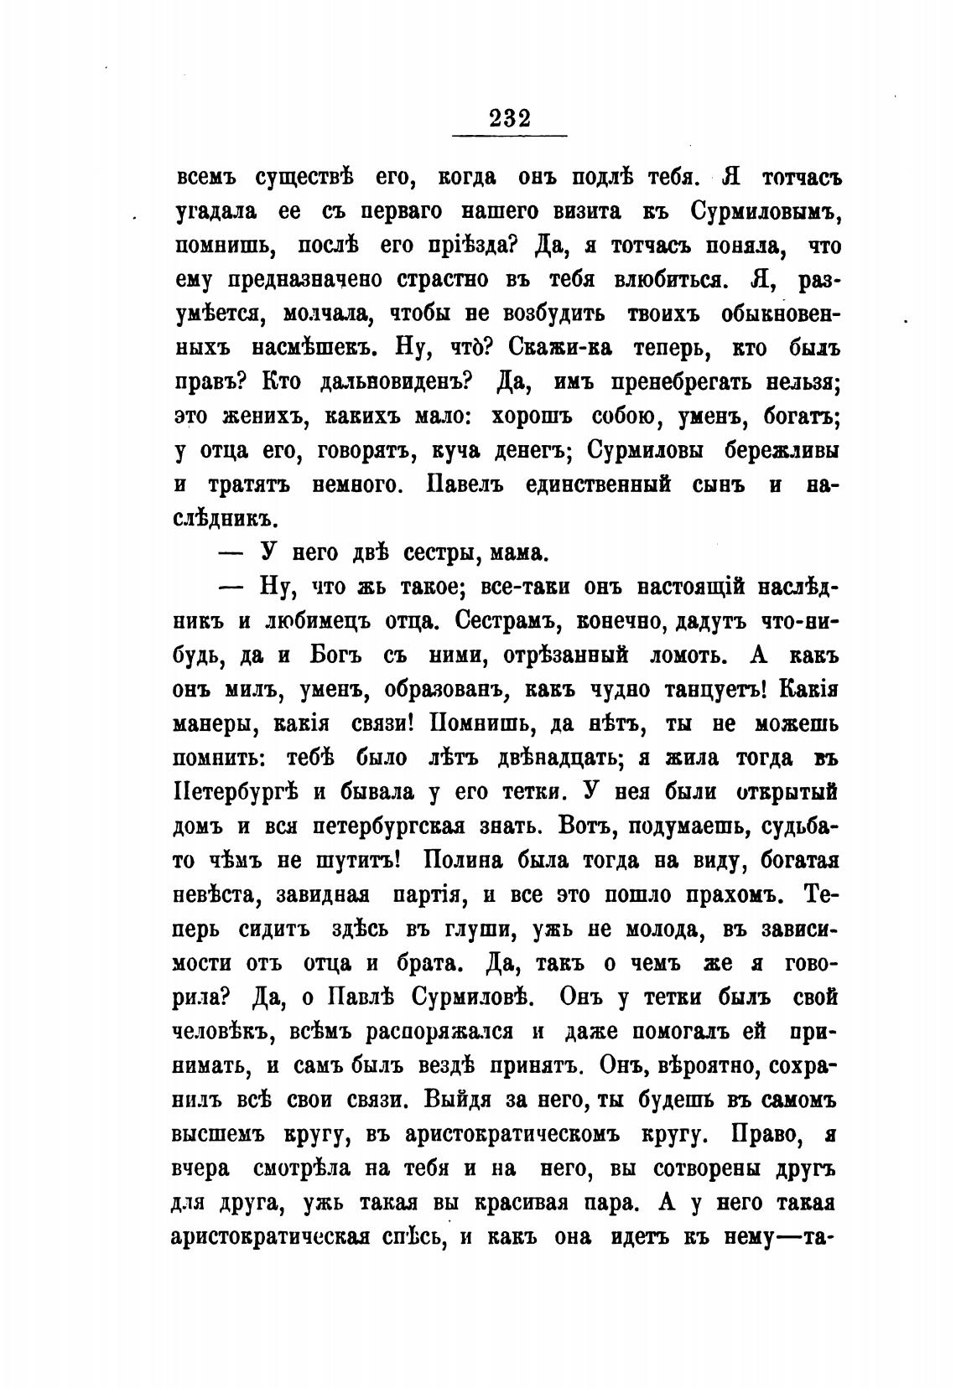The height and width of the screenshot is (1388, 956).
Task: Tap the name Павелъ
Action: coord(470,485)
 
